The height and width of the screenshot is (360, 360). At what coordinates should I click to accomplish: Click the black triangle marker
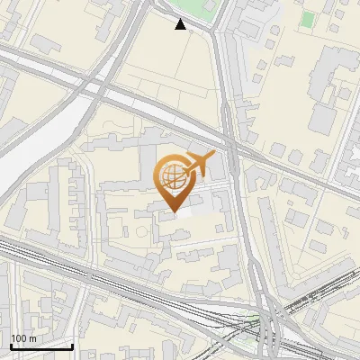(x=181, y=24)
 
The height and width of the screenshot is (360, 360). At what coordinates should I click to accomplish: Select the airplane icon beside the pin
(x=199, y=164)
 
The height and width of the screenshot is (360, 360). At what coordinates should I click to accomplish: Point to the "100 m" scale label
(x=24, y=338)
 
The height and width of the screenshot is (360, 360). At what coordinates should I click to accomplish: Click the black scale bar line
(x=41, y=346)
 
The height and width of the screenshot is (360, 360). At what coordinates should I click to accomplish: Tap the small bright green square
(x=308, y=18)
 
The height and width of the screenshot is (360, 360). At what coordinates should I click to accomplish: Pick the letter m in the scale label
(x=34, y=338)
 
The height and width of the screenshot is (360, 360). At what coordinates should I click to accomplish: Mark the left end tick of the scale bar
(x=11, y=345)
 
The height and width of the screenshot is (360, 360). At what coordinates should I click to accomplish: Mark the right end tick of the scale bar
(x=72, y=345)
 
